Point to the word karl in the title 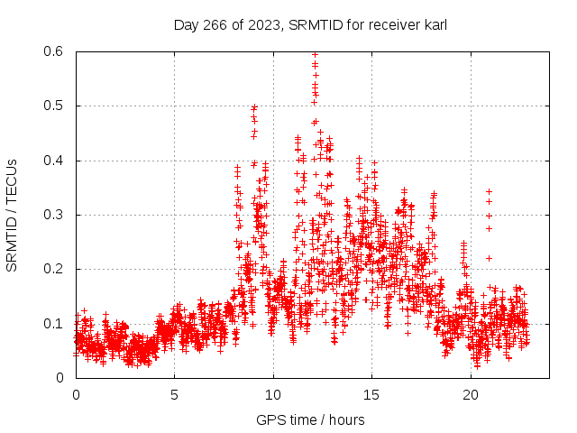(434, 25)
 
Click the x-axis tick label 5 (175, 395)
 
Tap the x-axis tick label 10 (273, 395)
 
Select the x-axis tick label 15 (372, 395)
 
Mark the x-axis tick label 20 (471, 395)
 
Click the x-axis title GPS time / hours (310, 419)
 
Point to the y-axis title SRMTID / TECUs (13, 215)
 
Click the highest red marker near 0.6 (315, 54)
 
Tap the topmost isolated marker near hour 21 (489, 191)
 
